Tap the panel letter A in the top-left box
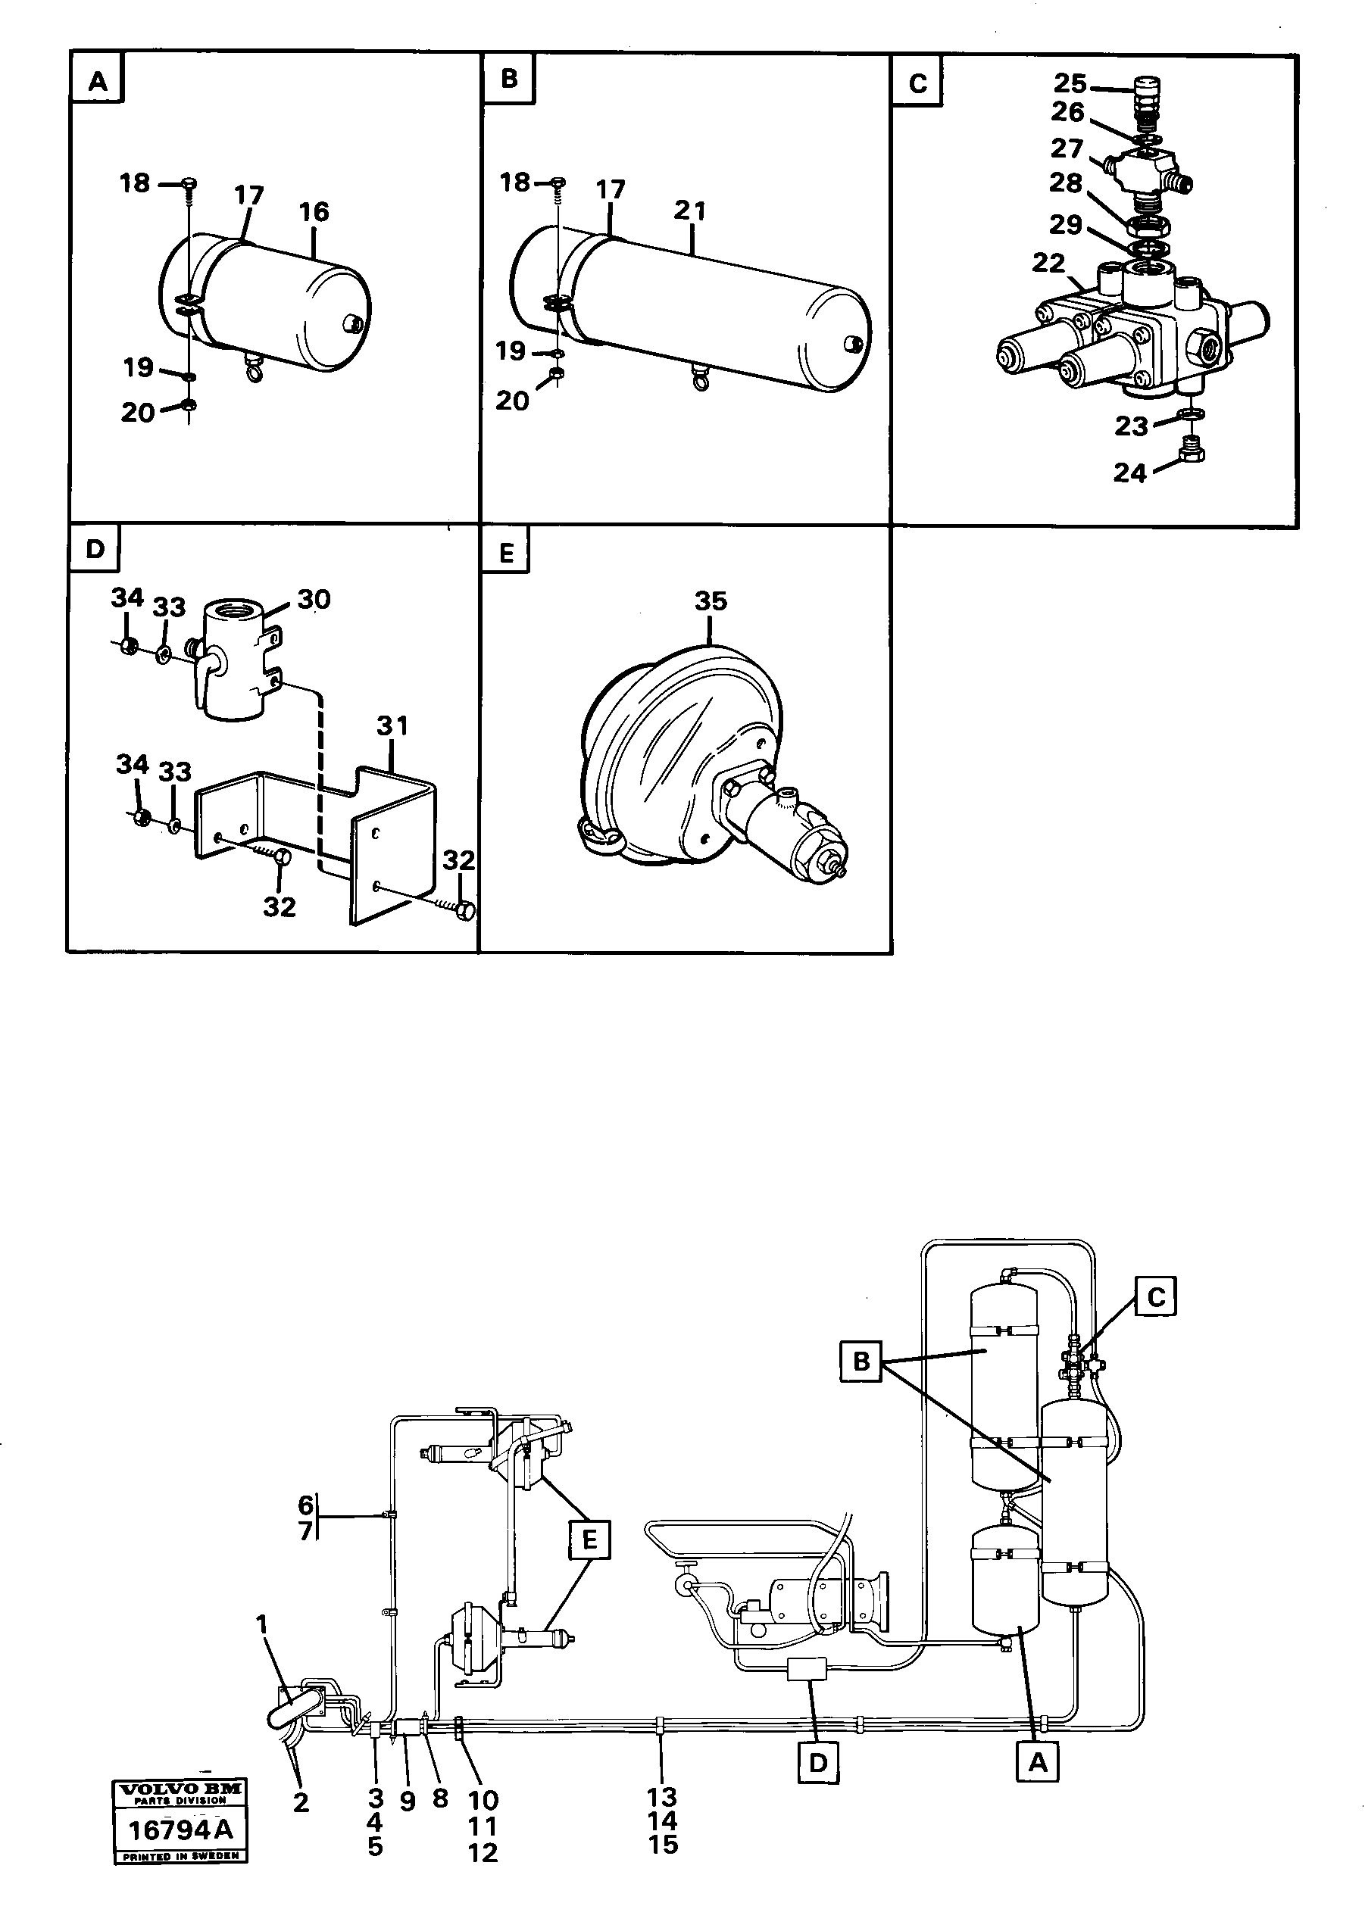point(98,83)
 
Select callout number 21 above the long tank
point(689,211)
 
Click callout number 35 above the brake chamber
point(711,601)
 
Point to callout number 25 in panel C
point(1070,83)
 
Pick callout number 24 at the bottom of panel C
point(1129,473)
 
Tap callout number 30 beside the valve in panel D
point(314,600)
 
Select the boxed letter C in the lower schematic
point(1156,1297)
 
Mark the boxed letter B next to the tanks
point(861,1362)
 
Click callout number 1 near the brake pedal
point(264,1624)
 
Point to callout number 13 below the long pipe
point(662,1797)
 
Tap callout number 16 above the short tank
point(314,212)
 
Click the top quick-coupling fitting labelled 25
point(1145,89)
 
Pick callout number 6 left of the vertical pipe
point(305,1505)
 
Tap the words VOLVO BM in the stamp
point(181,1789)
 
